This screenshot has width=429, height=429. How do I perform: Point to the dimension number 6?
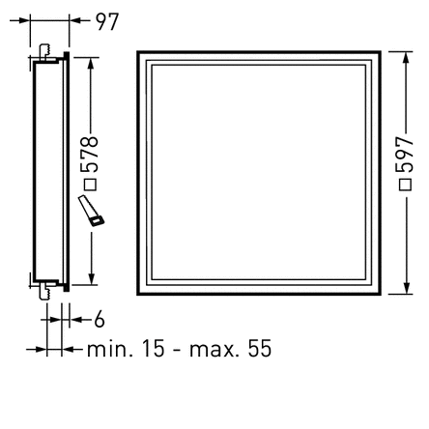99,320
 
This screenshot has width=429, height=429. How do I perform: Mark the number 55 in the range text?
260,348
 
